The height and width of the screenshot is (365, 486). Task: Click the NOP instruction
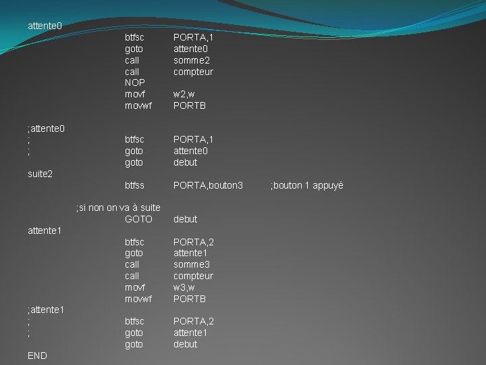pos(135,82)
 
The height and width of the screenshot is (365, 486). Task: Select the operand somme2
pos(192,60)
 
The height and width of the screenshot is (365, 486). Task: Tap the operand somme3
pos(192,264)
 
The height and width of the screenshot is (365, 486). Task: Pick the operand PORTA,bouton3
pos(208,185)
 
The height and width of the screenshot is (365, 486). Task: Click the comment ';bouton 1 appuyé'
pos(307,185)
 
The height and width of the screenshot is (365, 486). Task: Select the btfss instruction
pos(134,185)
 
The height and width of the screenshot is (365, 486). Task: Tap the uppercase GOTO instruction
pos(139,219)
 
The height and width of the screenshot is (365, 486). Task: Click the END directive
pos(38,356)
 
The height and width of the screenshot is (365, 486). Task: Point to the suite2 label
pos(40,174)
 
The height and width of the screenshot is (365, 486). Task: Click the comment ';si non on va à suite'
pos(118,208)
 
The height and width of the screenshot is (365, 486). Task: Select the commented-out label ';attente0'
pos(46,128)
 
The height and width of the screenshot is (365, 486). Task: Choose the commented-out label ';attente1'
pos(46,310)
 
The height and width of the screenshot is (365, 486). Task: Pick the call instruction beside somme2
pos(132,60)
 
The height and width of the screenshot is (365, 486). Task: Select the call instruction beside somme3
pos(132,264)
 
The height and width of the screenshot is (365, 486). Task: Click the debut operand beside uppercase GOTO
pos(186,219)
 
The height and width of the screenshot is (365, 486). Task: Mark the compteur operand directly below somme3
pos(193,276)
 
